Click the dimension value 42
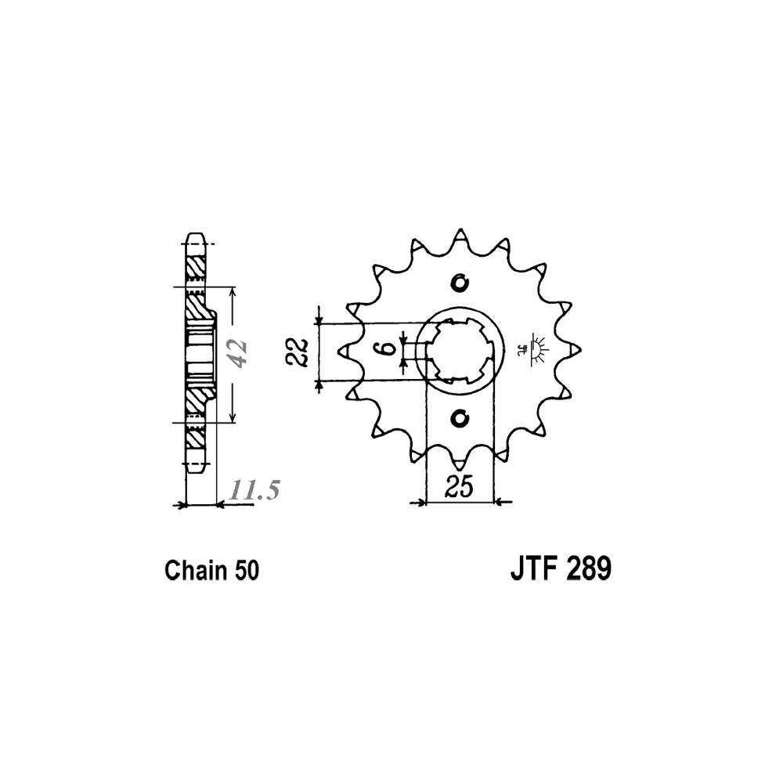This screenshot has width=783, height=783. pos(239,354)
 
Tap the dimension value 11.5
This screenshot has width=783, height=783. pos(254,490)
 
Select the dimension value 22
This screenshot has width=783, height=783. pos(298,352)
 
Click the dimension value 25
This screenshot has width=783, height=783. pos(460,487)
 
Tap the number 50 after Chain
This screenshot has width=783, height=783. pos(246,570)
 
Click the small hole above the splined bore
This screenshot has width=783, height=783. pos(460,283)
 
